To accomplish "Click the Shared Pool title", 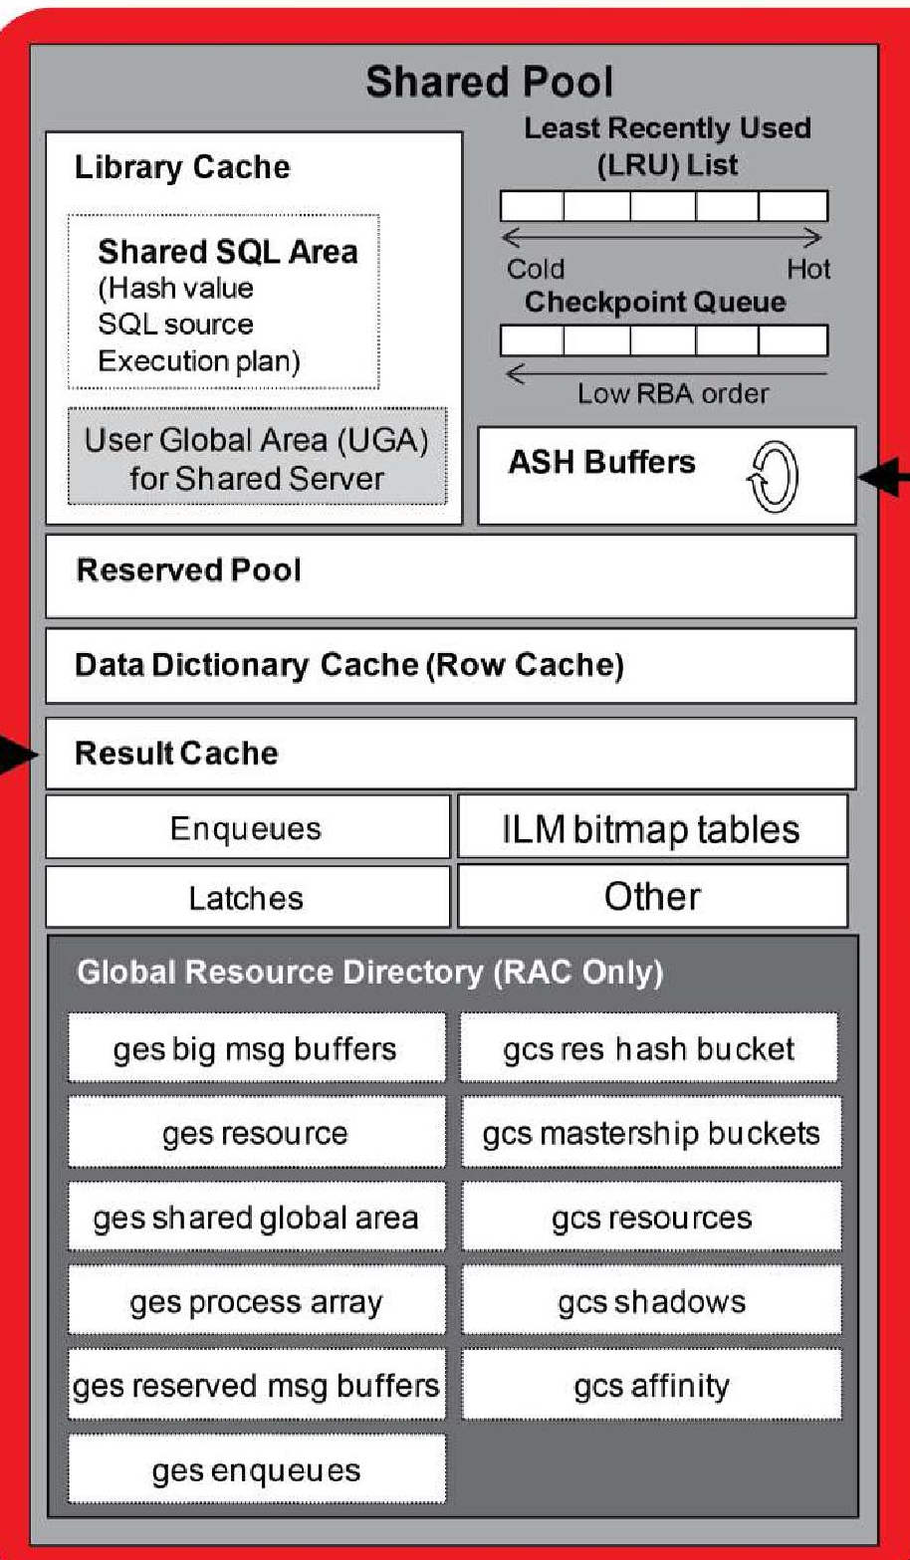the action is pos(489,82).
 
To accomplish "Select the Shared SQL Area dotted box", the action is pos(224,302).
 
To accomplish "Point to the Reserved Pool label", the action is pos(188,570).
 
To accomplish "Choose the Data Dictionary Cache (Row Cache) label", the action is pos(348,665).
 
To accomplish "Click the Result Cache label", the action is pos(176,753).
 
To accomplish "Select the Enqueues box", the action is pos(246,828).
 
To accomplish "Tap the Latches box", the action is pos(246,898).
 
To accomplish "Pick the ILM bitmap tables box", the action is pos(651,828).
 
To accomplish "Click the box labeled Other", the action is pos(651,897).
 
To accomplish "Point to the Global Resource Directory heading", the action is pos(369,972).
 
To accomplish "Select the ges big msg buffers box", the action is pos(256,1049).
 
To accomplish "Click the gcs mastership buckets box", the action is pos(651,1133).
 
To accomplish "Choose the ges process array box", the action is pos(256,1302).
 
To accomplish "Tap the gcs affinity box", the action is pos(651,1386).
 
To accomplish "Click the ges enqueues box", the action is pos(256,1470).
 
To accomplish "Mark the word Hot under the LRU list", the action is pos(807,270).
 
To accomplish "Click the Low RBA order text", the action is pos(673,393).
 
